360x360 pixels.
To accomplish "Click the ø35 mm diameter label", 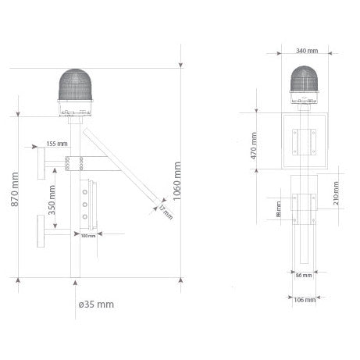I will pos(96,303).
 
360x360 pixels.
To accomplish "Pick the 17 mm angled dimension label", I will pos(165,212).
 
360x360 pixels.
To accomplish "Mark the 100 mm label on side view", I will pos(88,237).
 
